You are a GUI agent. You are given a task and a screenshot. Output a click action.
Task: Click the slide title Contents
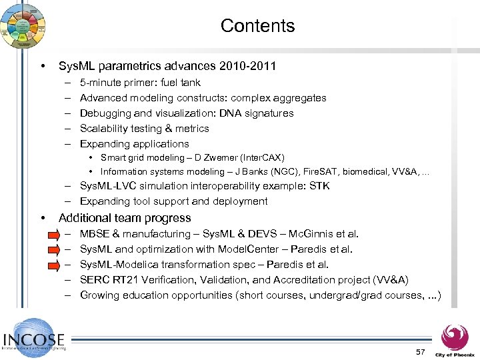pos(257,26)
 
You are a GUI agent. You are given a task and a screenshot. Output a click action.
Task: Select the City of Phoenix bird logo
pos(455,337)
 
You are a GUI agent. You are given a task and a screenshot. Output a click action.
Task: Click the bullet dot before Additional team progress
pos(43,218)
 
